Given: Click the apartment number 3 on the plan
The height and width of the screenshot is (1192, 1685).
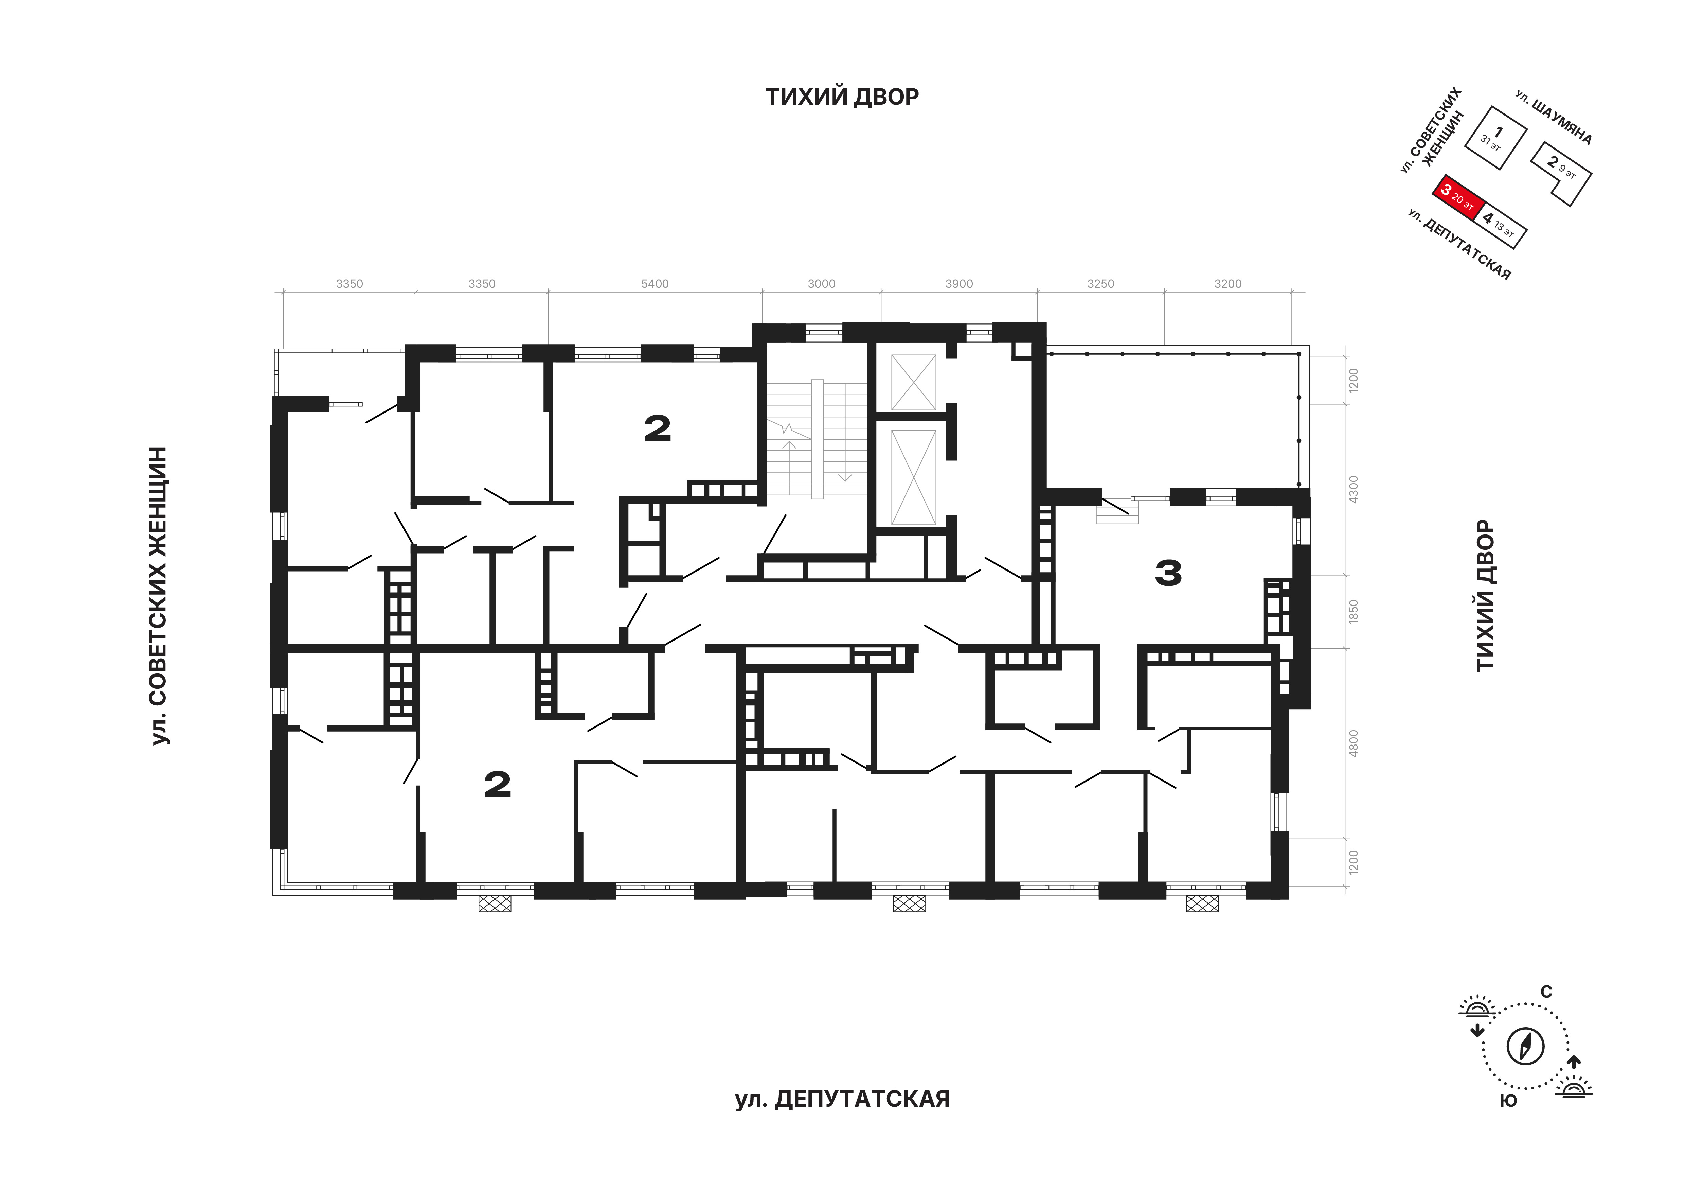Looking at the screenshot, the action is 1168,573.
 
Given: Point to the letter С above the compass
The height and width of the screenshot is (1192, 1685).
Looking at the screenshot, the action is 1546,992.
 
